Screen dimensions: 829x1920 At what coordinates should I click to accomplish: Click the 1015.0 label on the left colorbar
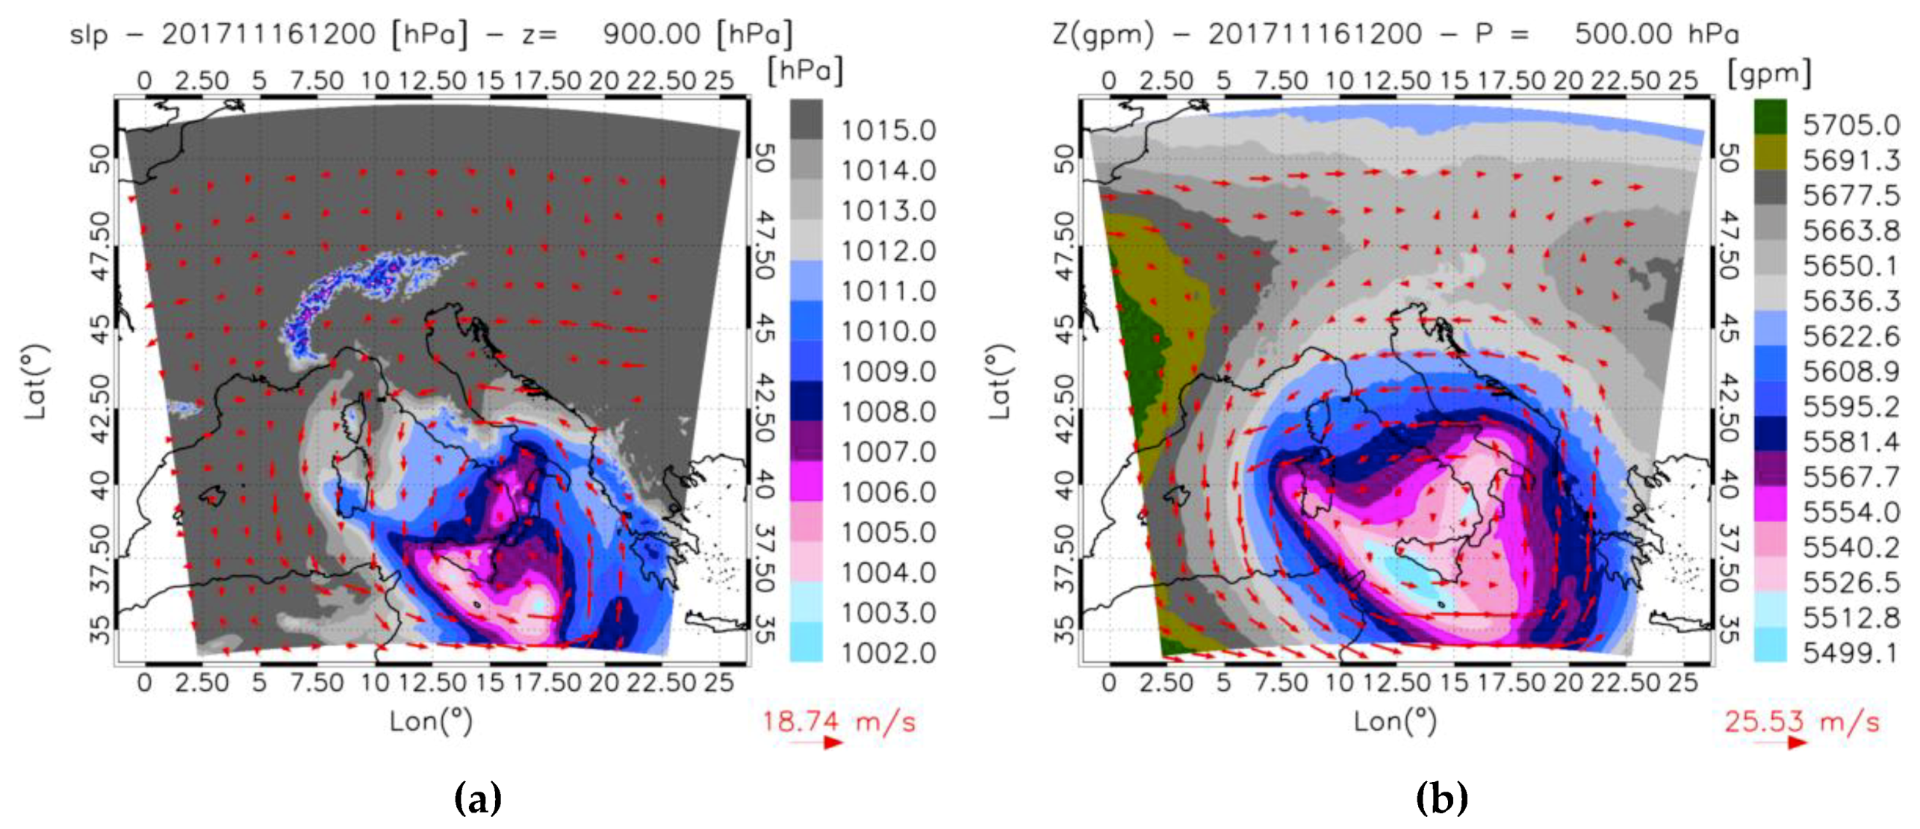tap(887, 131)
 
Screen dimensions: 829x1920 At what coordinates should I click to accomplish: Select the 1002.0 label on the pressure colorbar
tap(887, 653)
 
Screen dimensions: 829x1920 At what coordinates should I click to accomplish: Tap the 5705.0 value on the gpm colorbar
tap(1851, 125)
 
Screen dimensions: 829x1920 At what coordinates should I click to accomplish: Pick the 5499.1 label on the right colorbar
tap(1851, 653)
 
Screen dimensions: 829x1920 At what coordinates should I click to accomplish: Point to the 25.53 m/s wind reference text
tap(1801, 722)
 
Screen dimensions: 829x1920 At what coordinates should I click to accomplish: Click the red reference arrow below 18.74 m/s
tap(817, 742)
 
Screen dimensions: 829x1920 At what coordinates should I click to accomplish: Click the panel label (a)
tap(477, 798)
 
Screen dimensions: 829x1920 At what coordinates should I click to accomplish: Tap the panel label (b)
tap(1441, 798)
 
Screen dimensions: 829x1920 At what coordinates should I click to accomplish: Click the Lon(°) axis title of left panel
tap(431, 721)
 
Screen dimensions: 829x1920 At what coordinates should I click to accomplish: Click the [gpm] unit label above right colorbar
tap(1769, 74)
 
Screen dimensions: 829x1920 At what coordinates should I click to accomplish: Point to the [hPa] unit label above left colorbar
tap(805, 71)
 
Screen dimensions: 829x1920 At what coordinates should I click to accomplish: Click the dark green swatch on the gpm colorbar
tap(1770, 117)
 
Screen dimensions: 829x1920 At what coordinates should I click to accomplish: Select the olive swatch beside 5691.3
tap(1770, 152)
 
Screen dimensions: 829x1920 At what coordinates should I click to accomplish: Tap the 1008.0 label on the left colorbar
tap(887, 412)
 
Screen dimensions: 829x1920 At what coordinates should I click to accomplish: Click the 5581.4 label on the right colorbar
tap(1851, 442)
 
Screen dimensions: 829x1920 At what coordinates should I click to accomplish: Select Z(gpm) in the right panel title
tap(1102, 35)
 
